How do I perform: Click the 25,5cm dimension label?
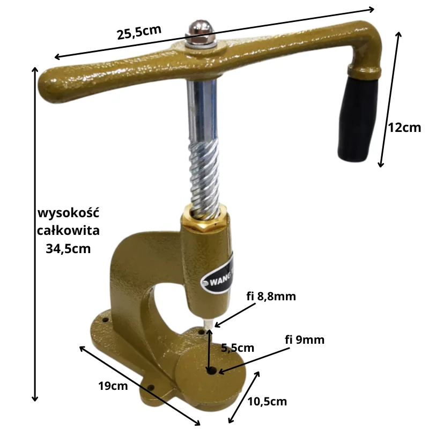pos(139,32)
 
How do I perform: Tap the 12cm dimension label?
pos(404,128)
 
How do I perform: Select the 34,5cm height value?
pos(68,249)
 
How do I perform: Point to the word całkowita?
pos(68,230)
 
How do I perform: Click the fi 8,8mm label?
pos(271,297)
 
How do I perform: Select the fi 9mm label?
pos(305,339)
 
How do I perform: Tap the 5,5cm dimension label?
pos(238,347)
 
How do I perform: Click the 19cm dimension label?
pos(113,386)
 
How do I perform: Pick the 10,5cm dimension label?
pos(267,401)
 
